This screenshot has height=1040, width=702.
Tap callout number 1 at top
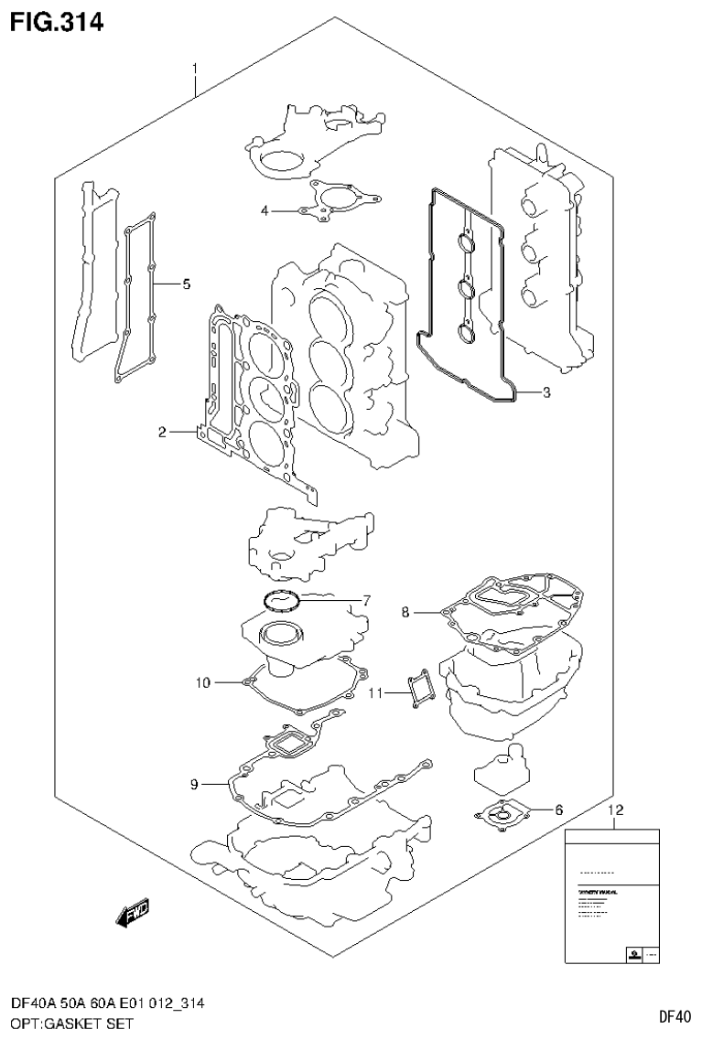pyautogui.click(x=195, y=69)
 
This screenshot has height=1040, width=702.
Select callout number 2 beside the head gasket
pyautogui.click(x=162, y=432)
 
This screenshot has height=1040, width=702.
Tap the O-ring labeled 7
pyautogui.click(x=281, y=601)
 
